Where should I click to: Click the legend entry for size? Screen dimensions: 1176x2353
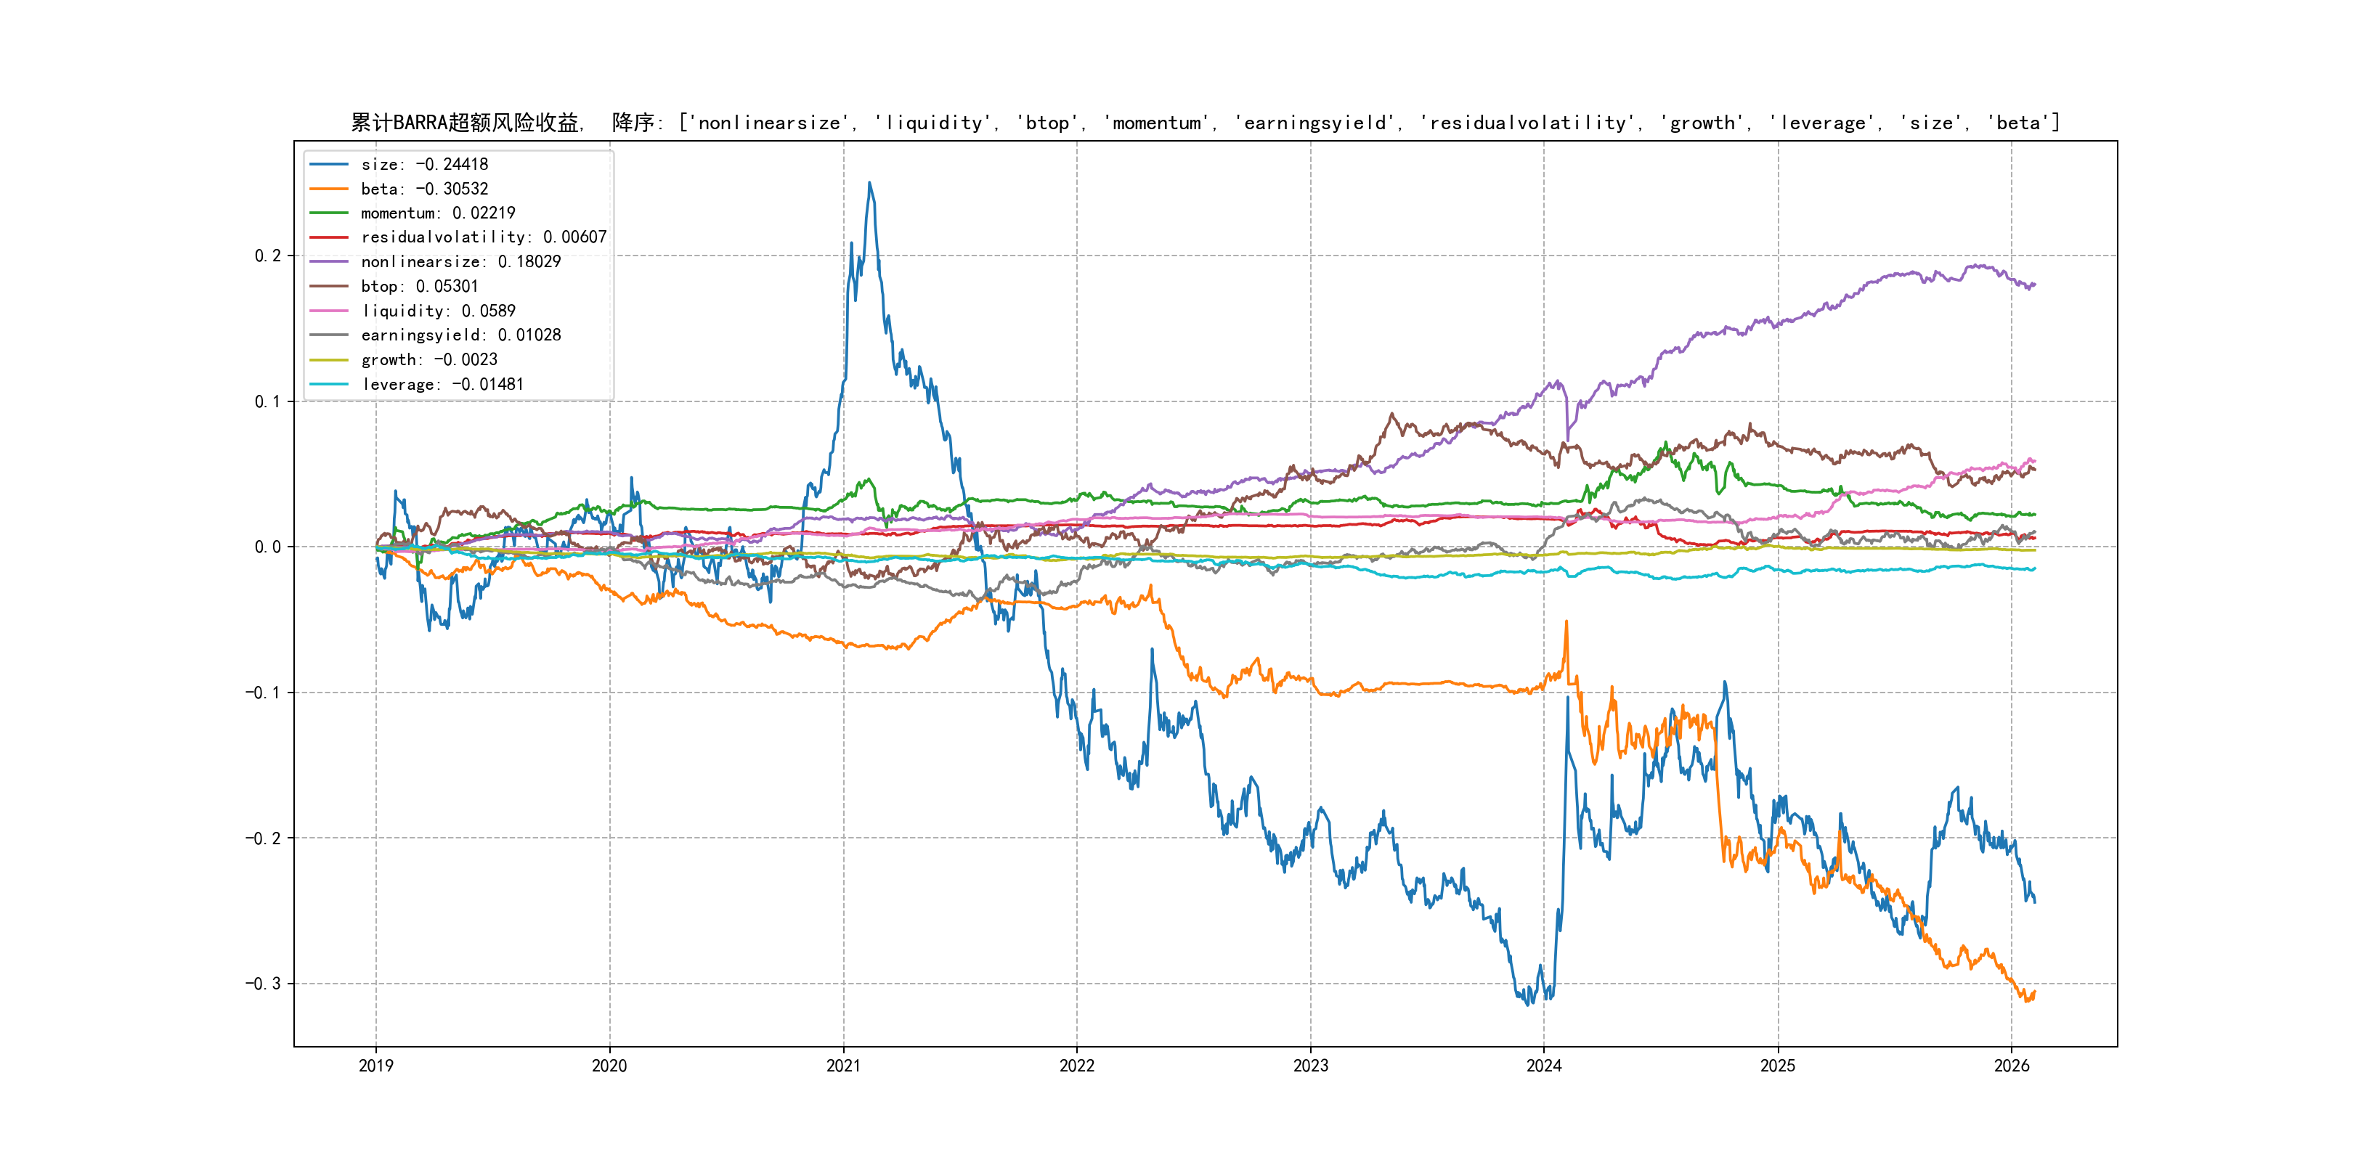pos(424,164)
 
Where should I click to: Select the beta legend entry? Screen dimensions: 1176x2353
pos(424,189)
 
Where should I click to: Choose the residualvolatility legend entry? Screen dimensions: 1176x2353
pos(483,237)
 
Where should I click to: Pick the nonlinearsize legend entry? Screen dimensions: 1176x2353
pos(460,262)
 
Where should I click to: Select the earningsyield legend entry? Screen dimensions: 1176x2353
pos(460,335)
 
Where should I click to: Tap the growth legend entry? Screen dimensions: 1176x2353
pos(428,360)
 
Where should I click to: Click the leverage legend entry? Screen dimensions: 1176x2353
pos(442,385)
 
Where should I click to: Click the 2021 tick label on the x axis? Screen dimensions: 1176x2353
pos(843,1066)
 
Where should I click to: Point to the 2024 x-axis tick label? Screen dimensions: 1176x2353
pos(1544,1066)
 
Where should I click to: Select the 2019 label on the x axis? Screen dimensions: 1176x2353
pos(376,1066)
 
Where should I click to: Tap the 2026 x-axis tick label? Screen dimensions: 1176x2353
pos(2012,1066)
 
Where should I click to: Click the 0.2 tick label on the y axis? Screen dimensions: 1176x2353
pos(268,256)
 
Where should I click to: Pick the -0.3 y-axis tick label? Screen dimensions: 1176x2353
pos(263,984)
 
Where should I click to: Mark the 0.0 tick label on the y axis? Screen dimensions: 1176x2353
pos(268,547)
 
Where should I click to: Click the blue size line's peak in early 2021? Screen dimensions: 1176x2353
pos(869,184)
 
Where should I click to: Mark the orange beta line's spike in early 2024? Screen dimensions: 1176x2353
pos(1566,623)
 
